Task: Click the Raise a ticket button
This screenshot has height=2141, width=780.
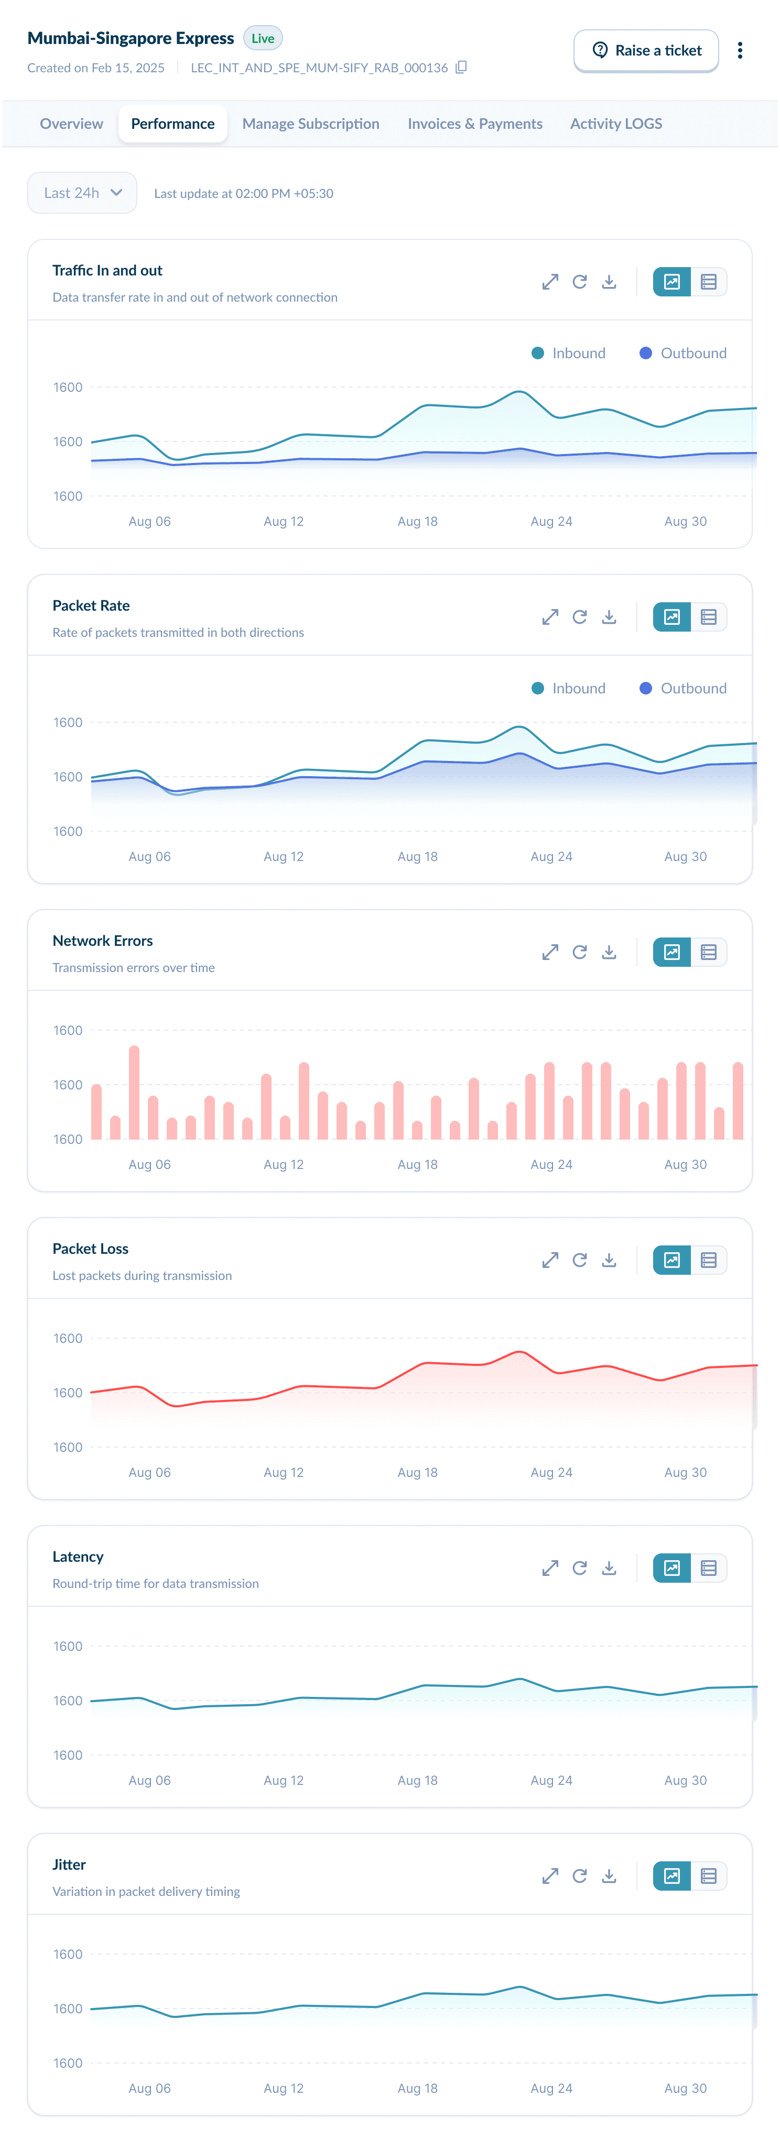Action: point(646,51)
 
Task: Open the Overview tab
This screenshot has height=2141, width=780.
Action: point(71,124)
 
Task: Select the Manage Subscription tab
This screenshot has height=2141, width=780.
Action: point(310,124)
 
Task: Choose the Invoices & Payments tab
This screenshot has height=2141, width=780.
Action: point(475,124)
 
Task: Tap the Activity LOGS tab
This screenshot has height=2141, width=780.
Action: point(615,124)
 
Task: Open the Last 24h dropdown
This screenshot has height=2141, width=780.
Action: point(82,193)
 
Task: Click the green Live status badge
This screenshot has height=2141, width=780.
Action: point(263,38)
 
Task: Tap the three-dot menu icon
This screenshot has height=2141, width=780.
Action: point(739,51)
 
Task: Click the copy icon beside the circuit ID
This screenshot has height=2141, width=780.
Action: point(461,68)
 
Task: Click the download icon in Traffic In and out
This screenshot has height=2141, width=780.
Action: point(609,282)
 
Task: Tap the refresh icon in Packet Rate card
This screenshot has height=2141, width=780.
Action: point(580,617)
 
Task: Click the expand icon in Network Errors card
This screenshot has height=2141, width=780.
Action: point(550,953)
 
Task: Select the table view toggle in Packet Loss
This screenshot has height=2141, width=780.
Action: point(709,1260)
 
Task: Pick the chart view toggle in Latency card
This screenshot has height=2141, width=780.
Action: point(672,1569)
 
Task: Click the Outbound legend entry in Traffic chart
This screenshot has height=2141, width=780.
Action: point(682,353)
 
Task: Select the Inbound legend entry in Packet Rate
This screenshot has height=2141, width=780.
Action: point(569,688)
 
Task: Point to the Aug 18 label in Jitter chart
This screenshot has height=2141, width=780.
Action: point(417,2088)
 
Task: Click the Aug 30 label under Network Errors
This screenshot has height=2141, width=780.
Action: point(685,1164)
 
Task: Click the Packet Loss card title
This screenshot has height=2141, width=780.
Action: point(91,1249)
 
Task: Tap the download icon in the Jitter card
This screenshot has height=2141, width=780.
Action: point(609,1876)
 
